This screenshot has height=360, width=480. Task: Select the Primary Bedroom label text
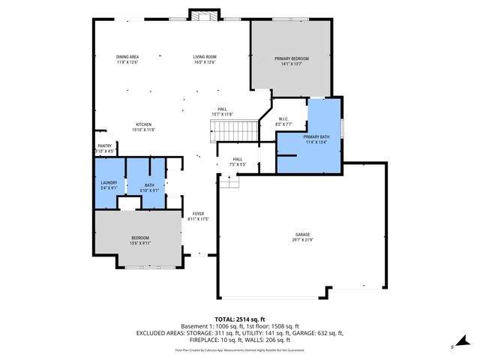tap(291, 58)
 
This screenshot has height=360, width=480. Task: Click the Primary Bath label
tap(316, 136)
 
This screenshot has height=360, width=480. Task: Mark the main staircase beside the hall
tap(223, 132)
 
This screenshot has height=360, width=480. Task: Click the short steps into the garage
tap(229, 181)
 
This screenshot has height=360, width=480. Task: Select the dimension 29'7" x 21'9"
tap(301, 241)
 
